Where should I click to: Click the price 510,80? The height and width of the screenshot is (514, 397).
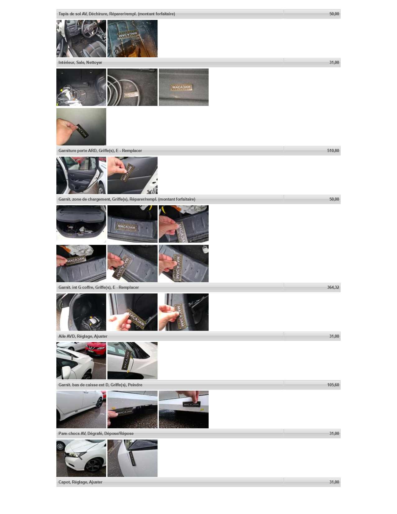coord(333,151)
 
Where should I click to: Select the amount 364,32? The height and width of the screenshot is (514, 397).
coord(333,288)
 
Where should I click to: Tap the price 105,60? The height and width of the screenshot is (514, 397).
coord(333,385)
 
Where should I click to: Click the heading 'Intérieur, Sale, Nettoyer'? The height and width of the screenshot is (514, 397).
coord(80,62)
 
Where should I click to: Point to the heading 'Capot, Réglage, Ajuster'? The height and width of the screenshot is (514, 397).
coord(80,482)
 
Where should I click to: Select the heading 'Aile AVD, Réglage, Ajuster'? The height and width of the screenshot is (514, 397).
coord(83,336)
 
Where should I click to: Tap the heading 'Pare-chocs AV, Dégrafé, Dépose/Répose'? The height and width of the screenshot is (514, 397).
coord(96,434)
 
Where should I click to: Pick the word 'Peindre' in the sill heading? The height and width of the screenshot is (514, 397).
coord(135,385)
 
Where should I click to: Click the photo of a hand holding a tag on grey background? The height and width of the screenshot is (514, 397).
coord(81,127)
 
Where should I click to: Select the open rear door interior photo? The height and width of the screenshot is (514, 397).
coord(81,175)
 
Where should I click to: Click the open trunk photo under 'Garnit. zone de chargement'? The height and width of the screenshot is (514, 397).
coord(81,224)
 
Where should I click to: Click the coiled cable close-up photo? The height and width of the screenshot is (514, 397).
coord(132,87)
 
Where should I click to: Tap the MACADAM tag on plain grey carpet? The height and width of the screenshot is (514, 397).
coord(181,87)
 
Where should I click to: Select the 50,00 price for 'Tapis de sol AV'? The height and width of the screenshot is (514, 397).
coord(334,14)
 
